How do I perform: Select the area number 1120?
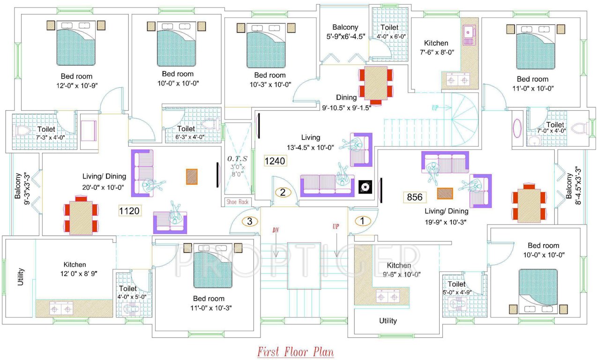(129, 211)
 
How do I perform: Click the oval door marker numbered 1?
(362, 220)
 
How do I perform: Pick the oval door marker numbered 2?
(283, 192)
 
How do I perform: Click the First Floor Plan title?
(296, 352)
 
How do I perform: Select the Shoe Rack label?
(237, 202)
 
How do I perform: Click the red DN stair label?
(276, 230)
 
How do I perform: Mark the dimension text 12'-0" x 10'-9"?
(76, 85)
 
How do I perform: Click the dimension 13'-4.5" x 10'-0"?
(310, 147)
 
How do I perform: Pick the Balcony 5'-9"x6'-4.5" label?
(345, 31)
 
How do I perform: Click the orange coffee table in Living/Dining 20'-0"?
(192, 177)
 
